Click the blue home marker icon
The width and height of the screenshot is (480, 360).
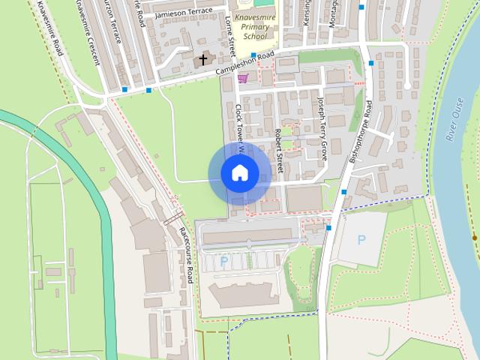tap(239, 173)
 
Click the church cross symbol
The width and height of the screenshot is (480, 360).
tap(202, 59)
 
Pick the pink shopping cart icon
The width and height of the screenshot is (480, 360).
tap(241, 77)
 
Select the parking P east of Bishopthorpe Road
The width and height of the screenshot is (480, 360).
tap(361, 240)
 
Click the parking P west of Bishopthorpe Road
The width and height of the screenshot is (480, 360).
tap(223, 261)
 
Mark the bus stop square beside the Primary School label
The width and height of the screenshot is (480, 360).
tap(254, 55)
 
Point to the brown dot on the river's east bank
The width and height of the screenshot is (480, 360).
tap(474, 238)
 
